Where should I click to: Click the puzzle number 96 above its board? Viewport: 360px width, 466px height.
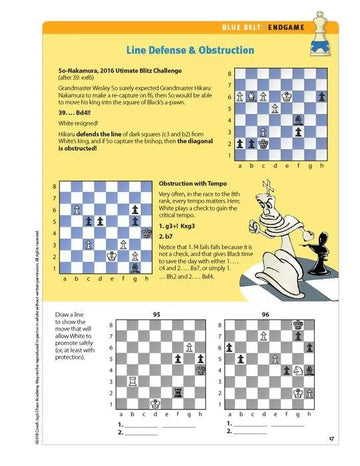[x=265, y=313]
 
